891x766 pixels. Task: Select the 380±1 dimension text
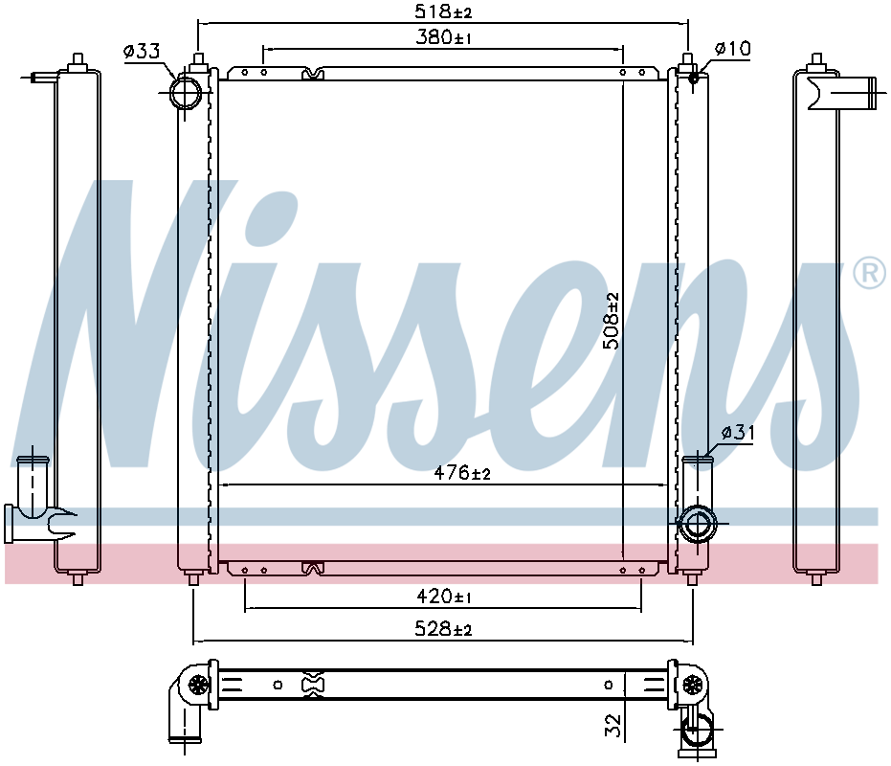pyautogui.click(x=441, y=38)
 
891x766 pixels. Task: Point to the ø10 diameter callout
pyautogui.click(x=733, y=49)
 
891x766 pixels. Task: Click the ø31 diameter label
pyautogui.click(x=738, y=433)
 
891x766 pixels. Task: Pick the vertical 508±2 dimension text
pyautogui.click(x=612, y=321)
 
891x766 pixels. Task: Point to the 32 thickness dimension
pyautogui.click(x=613, y=725)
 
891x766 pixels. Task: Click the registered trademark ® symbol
pyautogui.click(x=868, y=274)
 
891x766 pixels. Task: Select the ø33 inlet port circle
pyautogui.click(x=185, y=93)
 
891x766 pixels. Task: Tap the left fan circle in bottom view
pyautogui.click(x=198, y=685)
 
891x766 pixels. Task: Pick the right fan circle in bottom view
pyautogui.click(x=693, y=685)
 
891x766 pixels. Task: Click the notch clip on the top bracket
pyautogui.click(x=312, y=74)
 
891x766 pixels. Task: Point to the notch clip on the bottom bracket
pyautogui.click(x=312, y=569)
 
